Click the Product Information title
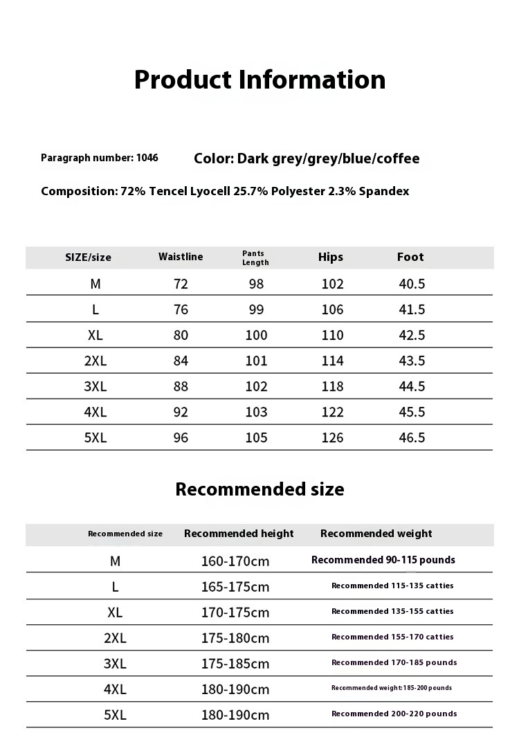click(259, 80)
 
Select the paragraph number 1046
click(147, 158)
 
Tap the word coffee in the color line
click(398, 158)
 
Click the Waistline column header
click(181, 257)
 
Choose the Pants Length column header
click(255, 257)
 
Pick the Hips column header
click(331, 257)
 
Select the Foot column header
click(410, 257)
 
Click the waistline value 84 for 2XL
click(181, 361)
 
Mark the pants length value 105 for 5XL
click(256, 437)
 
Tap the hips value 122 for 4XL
click(332, 412)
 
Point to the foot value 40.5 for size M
click(412, 284)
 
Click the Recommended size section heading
click(259, 489)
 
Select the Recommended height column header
click(239, 534)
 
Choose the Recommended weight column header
click(376, 534)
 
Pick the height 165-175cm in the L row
click(235, 587)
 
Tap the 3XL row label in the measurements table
click(95, 386)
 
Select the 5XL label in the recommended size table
click(115, 715)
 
